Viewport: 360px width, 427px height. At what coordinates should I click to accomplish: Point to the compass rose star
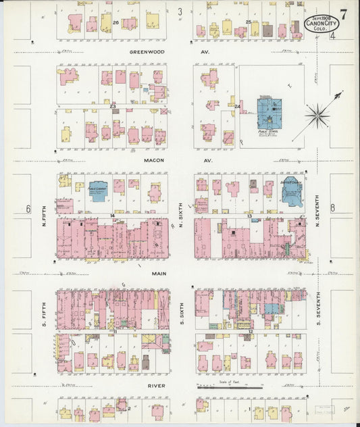click(x=317, y=116)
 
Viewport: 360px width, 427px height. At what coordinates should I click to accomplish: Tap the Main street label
click(x=159, y=274)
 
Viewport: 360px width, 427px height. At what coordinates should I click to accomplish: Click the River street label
click(x=157, y=387)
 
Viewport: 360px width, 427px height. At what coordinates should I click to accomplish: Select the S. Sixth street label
click(x=182, y=312)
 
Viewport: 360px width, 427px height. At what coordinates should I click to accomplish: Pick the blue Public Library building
click(x=99, y=193)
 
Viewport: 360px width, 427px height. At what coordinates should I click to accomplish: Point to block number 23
click(x=113, y=106)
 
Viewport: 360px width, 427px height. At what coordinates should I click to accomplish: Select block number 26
click(x=116, y=22)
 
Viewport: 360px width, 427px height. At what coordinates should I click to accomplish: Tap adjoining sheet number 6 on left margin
click(x=28, y=208)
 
